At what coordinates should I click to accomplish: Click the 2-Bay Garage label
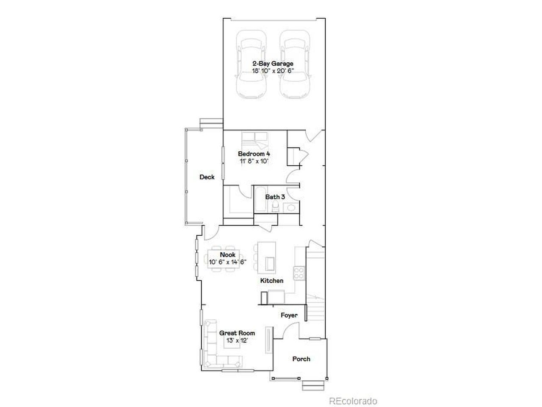[273, 64]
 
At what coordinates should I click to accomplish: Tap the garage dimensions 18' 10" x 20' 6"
[273, 71]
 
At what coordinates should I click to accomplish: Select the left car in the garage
[252, 64]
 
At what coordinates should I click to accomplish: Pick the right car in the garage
[295, 64]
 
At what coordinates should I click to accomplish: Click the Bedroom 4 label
[254, 154]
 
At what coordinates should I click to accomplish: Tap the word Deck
[207, 177]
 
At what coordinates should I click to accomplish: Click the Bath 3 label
[275, 197]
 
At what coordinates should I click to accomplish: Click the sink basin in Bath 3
[291, 208]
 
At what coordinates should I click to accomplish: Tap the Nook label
[227, 254]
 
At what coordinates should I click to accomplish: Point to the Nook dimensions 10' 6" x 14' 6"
[227, 262]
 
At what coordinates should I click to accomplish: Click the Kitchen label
[271, 281]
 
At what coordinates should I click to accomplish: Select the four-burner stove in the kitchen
[299, 273]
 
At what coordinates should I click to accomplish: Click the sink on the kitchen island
[270, 264]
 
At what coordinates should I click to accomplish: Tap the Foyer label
[289, 315]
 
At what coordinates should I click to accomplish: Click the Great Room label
[237, 333]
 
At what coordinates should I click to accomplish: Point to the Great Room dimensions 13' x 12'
[237, 340]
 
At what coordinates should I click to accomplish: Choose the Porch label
[301, 359]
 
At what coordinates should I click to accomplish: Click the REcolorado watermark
[353, 401]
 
